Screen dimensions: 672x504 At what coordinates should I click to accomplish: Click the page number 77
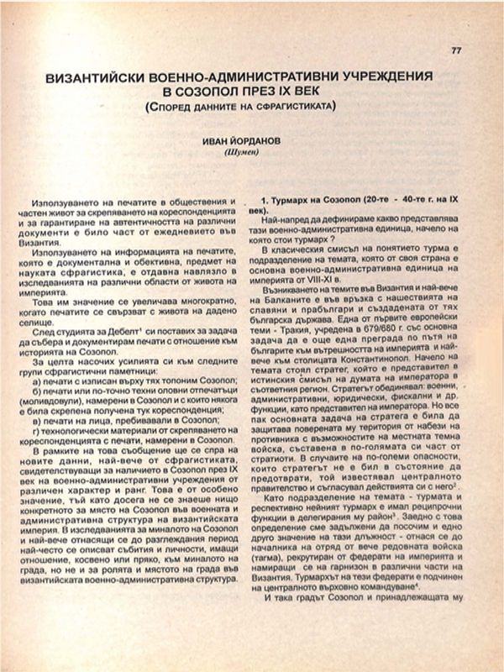(x=456, y=50)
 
